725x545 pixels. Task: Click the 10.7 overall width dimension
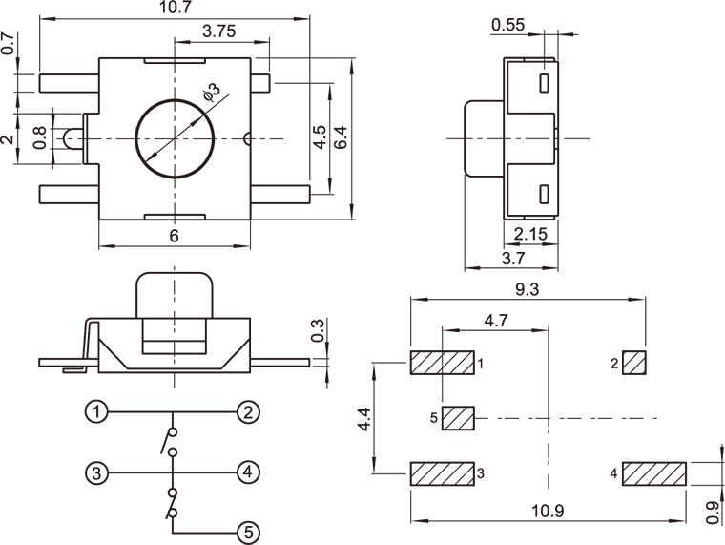[175, 9]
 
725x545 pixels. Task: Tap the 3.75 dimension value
[219, 31]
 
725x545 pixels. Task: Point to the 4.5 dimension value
[321, 136]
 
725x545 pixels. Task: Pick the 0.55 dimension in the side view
[508, 26]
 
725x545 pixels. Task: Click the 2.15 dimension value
[530, 234]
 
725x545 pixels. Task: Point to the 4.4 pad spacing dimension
[363, 418]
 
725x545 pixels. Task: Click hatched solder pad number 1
[443, 363]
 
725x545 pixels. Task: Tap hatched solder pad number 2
[634, 363]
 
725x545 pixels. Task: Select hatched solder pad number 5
[459, 418]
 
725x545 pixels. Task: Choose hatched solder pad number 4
[654, 473]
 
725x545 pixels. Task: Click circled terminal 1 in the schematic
[94, 412]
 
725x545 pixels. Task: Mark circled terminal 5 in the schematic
[247, 533]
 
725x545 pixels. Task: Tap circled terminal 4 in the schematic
[247, 472]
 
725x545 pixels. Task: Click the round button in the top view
[174, 139]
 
